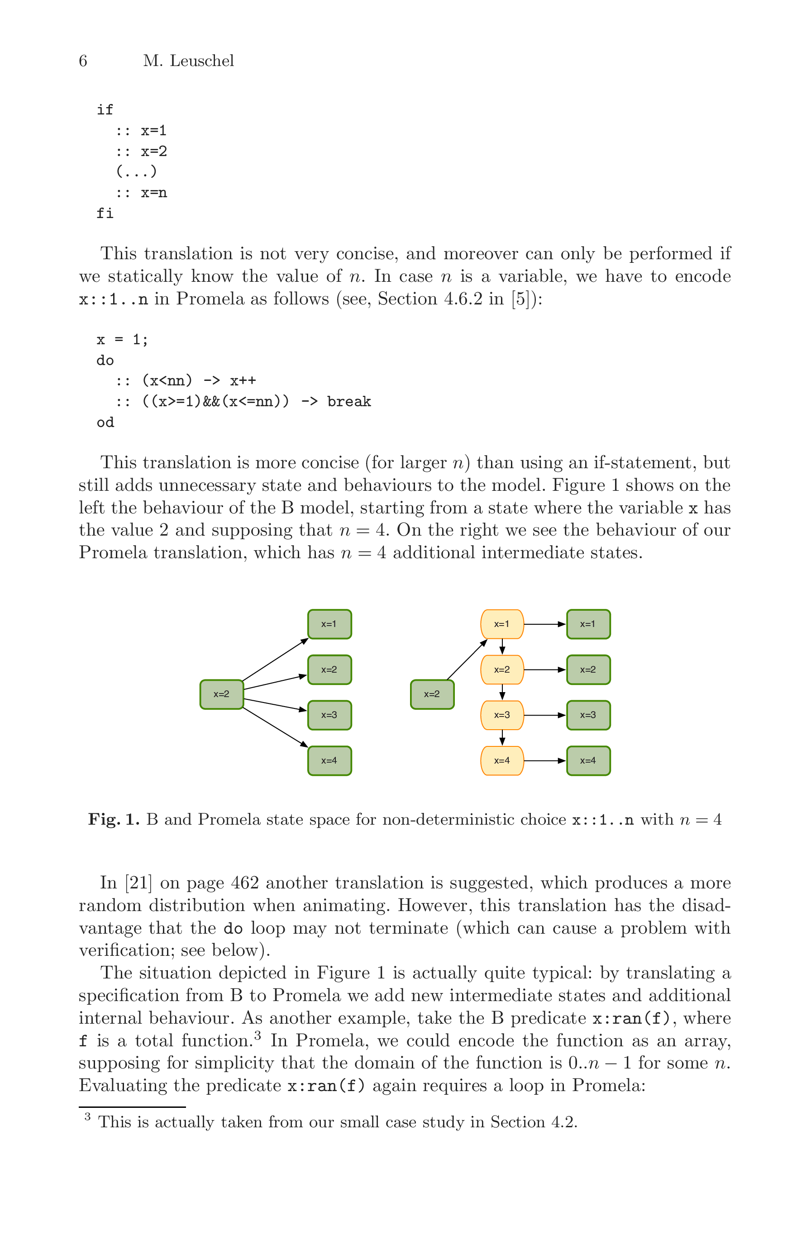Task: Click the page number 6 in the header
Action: tap(83, 61)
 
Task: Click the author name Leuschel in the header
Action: tap(201, 61)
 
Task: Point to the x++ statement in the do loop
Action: tap(243, 380)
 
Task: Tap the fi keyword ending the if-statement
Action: tap(105, 213)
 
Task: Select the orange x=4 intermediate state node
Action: tap(501, 760)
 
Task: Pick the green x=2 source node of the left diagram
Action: tap(221, 694)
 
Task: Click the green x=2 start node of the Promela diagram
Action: tap(431, 694)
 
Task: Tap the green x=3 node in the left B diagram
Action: tap(329, 715)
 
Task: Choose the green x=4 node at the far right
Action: tap(588, 760)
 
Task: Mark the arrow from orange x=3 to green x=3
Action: tap(544, 715)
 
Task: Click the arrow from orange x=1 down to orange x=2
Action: tap(502, 646)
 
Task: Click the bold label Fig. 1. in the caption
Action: tap(114, 819)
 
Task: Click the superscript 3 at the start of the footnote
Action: tap(87, 1117)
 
